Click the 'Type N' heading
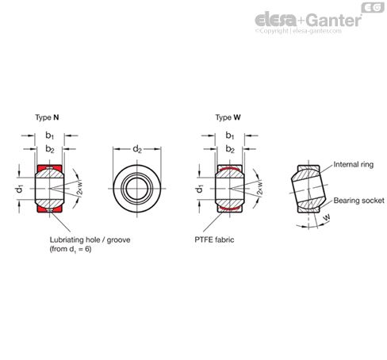(47, 117)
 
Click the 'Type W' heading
(228, 117)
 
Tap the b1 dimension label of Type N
(50, 136)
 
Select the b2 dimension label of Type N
(50, 149)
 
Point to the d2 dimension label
(137, 149)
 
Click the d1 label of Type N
(20, 189)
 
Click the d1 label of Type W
(200, 189)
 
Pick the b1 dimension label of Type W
(230, 136)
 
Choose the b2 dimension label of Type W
(230, 149)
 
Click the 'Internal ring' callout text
(354, 164)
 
